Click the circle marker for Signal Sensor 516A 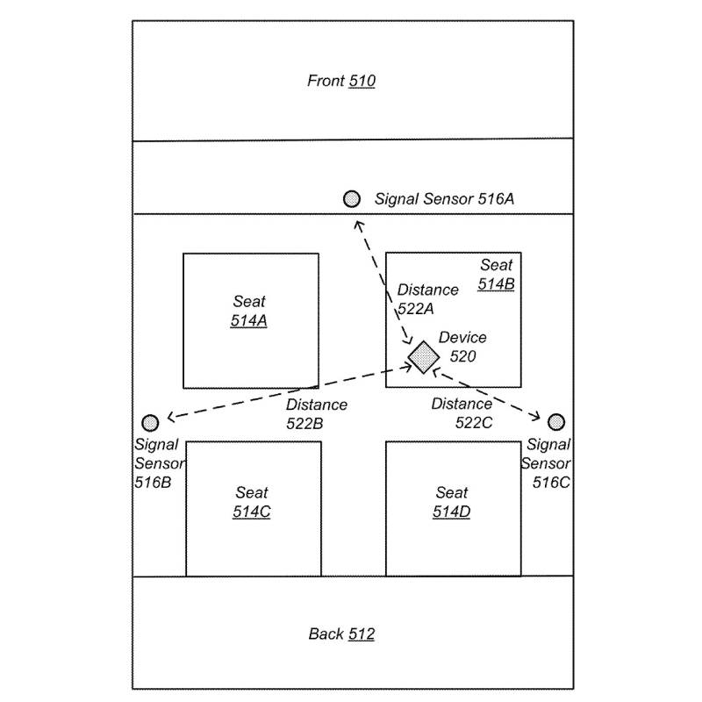tap(352, 199)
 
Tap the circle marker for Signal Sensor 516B tap(150, 423)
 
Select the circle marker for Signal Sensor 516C tap(556, 422)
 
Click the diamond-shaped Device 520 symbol tap(424, 357)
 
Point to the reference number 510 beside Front tap(362, 82)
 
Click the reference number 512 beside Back tap(362, 634)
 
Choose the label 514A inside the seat tap(249, 321)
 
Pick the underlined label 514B tap(496, 284)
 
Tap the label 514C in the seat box tap(251, 512)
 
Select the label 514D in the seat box tap(452, 512)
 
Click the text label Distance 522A tap(428, 299)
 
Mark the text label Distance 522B tap(316, 414)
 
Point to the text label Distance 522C tap(462, 413)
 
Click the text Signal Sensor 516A tap(444, 199)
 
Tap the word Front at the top tap(326, 82)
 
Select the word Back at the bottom tap(326, 634)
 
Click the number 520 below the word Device tap(462, 356)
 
